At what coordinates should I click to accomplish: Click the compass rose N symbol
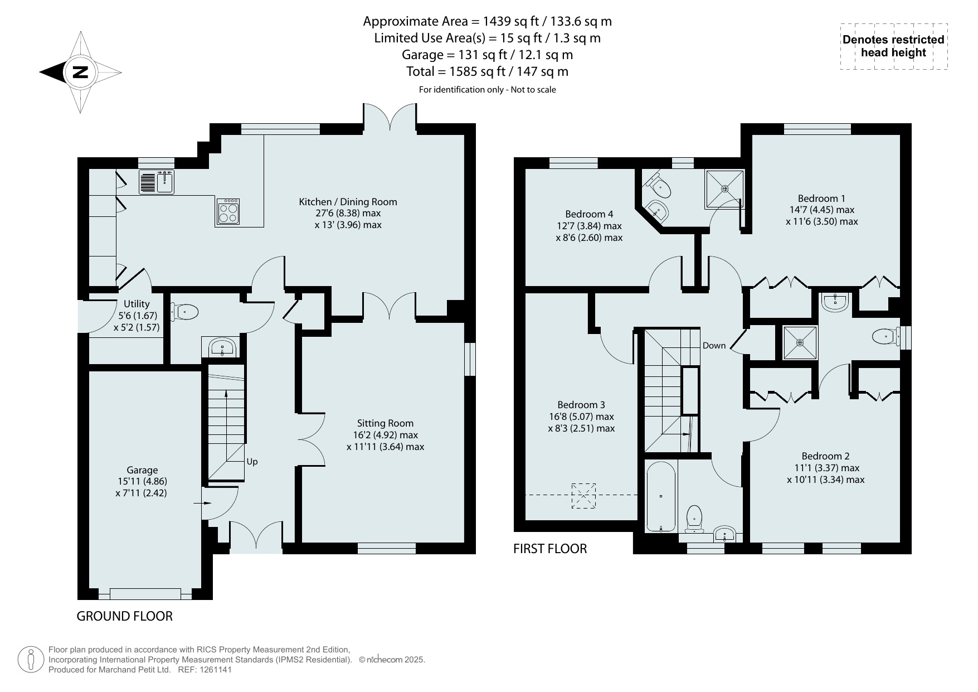point(81,72)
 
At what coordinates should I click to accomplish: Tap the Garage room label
point(142,470)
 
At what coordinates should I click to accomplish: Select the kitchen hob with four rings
point(228,212)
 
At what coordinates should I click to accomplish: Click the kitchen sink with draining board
point(157,182)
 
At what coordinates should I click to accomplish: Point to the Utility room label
point(137,304)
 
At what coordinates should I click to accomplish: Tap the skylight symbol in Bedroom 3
point(583,496)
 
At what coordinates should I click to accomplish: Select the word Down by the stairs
point(714,346)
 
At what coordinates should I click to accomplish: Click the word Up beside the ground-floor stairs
point(252,462)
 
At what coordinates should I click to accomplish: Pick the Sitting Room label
point(386,423)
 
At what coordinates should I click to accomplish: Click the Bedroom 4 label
point(589,214)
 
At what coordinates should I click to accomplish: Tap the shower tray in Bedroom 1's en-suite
point(725,189)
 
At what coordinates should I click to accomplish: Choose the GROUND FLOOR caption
point(124,616)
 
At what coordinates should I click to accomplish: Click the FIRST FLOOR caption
point(550,549)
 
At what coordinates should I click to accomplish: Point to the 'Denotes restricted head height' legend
point(894,46)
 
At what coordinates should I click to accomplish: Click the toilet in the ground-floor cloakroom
point(185,312)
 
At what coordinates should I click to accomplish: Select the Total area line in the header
point(488,71)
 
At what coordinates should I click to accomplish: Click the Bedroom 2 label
point(826,456)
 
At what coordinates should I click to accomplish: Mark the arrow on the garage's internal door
point(202,504)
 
